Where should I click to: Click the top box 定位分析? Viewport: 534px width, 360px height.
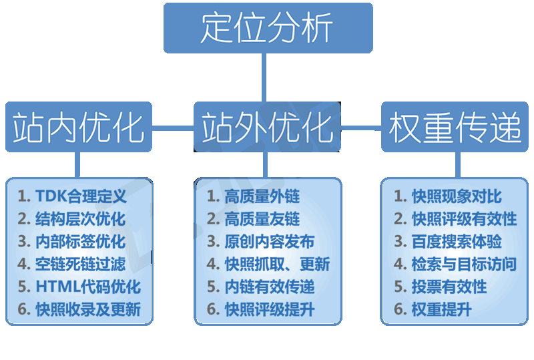[x=267, y=28]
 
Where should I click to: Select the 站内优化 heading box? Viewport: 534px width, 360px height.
[x=79, y=127]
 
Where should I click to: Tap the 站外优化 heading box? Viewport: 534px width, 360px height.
[x=267, y=127]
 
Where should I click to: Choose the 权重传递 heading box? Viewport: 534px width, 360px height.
[x=455, y=127]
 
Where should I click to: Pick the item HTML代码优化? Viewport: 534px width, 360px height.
[x=79, y=287]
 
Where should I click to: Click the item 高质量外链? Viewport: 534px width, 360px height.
[x=254, y=196]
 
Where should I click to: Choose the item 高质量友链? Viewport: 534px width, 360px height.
[x=254, y=219]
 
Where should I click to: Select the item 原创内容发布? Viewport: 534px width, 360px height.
[x=260, y=242]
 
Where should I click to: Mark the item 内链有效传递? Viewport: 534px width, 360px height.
[x=260, y=287]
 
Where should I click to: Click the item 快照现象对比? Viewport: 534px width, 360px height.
[x=448, y=196]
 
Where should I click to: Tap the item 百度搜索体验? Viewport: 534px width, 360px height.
[x=448, y=242]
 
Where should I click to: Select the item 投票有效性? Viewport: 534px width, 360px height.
[x=441, y=287]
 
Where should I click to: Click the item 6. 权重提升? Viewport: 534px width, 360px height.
[x=433, y=310]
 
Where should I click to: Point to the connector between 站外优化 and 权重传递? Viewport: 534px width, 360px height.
[x=360, y=126]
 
